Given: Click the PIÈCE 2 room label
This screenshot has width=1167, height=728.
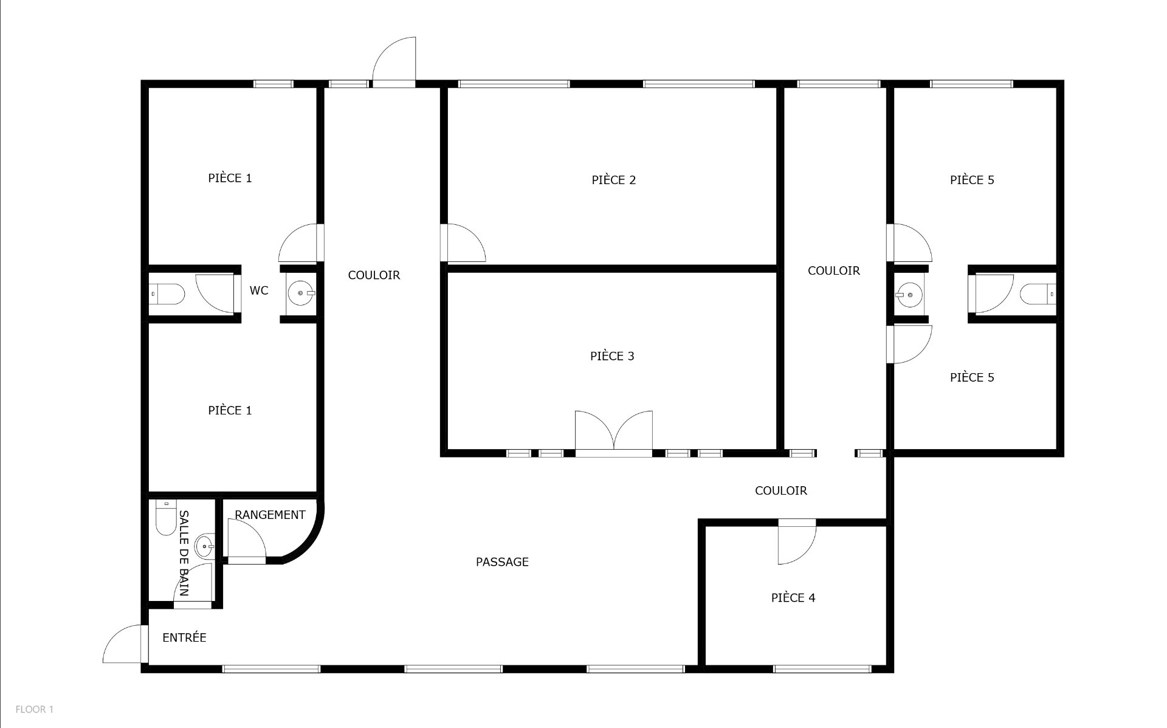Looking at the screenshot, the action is [x=613, y=180].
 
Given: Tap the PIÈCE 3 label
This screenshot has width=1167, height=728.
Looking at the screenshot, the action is [x=612, y=356].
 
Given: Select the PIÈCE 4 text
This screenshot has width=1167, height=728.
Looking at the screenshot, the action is [x=793, y=598].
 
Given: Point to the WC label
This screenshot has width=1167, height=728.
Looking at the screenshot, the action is [x=259, y=290].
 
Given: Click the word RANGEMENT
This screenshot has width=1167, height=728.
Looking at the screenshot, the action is [x=270, y=515].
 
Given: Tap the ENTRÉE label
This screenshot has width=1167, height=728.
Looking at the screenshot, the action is [x=184, y=637].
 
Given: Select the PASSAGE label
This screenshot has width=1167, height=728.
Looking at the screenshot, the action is [x=502, y=562].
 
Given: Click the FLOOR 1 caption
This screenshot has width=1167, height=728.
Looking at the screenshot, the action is [x=35, y=709].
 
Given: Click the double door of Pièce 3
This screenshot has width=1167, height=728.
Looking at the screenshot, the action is [x=614, y=433].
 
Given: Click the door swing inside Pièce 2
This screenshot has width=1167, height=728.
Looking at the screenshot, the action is [x=466, y=242].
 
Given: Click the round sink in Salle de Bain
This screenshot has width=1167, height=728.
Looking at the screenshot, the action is [x=205, y=546].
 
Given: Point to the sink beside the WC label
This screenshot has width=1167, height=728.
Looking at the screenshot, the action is [x=301, y=294].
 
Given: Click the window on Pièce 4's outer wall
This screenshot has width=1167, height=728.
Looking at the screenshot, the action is [x=821, y=669].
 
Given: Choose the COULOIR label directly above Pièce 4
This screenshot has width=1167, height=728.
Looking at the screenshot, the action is [x=781, y=490].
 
